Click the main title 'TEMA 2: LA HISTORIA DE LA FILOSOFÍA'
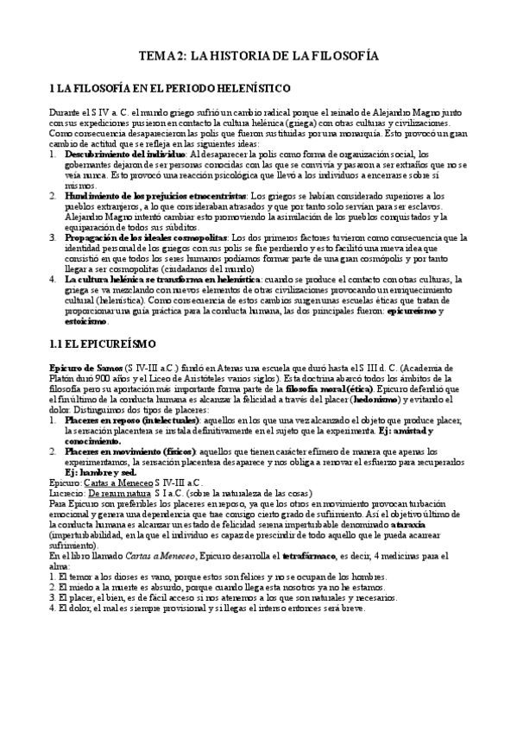click(259, 56)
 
